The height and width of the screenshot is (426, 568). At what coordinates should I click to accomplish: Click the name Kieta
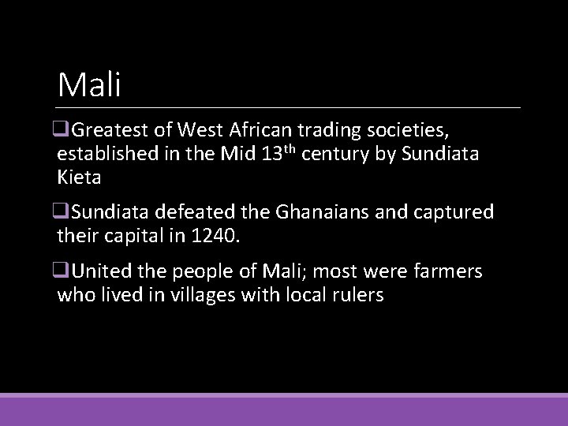tap(79, 177)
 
